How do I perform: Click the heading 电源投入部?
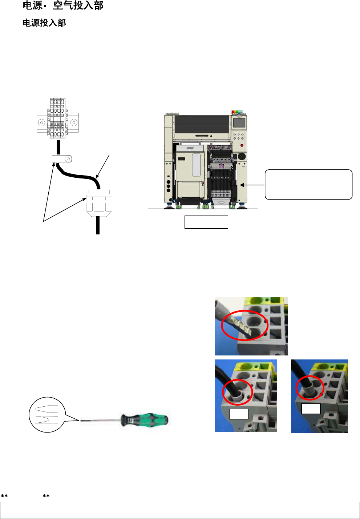coord(44,23)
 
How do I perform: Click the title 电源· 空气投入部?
coord(63,5)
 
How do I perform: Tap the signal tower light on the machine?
coord(238,112)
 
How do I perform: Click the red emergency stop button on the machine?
coord(242,145)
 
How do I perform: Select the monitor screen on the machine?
coord(239,123)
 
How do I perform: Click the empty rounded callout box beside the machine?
coord(308,184)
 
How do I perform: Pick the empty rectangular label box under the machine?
coord(206,222)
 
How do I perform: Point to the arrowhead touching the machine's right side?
coord(242,185)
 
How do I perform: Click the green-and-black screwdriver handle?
coord(145,420)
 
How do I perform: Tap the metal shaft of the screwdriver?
coord(100,421)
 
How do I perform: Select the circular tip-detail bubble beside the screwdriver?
coord(46,415)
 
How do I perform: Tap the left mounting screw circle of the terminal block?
coord(42,122)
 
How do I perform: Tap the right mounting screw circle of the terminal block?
coord(74,122)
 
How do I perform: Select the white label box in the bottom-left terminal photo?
coord(238,414)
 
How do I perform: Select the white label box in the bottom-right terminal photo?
coord(311,409)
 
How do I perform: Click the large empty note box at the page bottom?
coord(180,510)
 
